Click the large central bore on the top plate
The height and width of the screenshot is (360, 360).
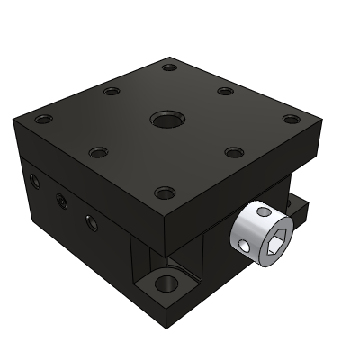click(166, 119)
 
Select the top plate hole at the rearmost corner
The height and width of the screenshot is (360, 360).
click(168, 66)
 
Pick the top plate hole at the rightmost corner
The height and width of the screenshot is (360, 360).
click(290, 119)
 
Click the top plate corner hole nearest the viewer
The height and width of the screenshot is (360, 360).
click(164, 192)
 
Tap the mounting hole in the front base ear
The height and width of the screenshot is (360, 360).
click(164, 285)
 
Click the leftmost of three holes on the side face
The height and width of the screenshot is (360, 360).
click(35, 183)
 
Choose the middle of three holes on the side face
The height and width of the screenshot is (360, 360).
click(60, 200)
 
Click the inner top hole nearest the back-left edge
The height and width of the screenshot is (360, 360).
click(112, 90)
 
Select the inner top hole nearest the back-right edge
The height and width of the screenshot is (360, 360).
click(226, 90)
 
